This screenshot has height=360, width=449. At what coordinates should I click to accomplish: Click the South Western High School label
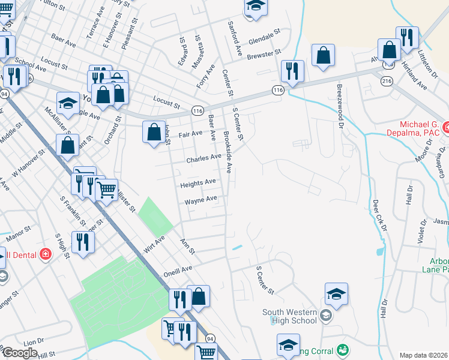tap(289, 316)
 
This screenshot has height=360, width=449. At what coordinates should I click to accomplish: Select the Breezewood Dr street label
tap(340, 107)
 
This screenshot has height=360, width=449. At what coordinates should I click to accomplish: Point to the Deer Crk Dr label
tap(379, 215)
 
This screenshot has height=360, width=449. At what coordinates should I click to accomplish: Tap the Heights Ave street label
tap(198, 182)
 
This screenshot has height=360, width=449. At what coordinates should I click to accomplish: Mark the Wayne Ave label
tap(200, 200)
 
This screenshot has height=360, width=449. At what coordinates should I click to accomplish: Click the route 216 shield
tap(382, 79)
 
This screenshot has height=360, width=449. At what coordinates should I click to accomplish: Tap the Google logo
tap(20, 353)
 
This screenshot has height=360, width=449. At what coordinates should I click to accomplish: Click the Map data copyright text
tap(424, 355)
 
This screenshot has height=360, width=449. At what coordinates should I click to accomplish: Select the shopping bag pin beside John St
tap(154, 131)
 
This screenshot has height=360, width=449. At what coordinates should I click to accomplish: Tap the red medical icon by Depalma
tap(446, 127)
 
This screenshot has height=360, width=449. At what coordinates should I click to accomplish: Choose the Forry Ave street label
tap(205, 77)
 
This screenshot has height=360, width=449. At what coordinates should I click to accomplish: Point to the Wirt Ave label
tap(154, 245)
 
